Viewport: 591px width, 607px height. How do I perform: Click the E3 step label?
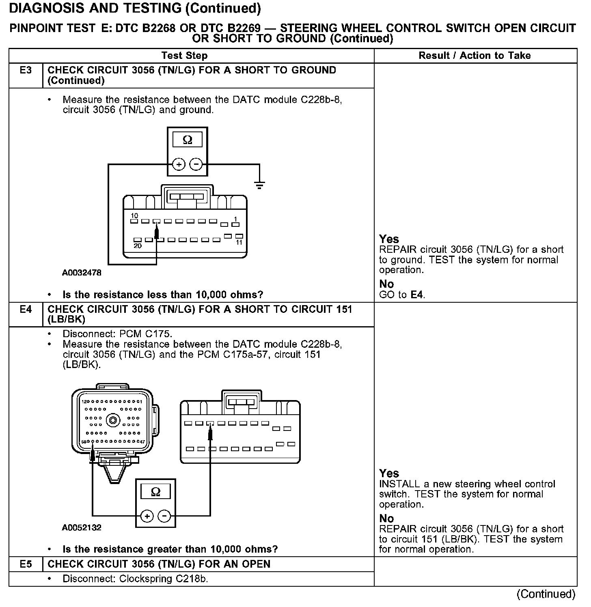26,70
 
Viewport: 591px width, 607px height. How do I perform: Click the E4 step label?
26,310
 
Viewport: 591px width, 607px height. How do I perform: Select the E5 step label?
26,564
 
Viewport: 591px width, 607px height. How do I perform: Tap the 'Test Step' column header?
184,56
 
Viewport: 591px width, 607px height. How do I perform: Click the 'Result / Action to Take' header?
475,56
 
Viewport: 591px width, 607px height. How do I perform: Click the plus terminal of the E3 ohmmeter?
179,164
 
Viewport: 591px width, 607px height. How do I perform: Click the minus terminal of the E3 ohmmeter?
196,164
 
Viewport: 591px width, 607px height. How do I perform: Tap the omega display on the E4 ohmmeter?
155,492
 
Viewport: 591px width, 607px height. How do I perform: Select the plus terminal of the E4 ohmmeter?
147,516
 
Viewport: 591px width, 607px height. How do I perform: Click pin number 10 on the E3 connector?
134,215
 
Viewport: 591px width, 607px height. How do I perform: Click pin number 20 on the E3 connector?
138,246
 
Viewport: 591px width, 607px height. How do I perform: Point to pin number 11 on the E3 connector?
239,242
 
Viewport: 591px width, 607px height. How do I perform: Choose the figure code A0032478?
82,273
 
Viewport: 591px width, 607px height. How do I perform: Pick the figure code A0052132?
82,527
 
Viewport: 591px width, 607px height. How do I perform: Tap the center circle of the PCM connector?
112,420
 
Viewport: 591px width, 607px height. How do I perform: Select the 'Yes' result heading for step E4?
389,473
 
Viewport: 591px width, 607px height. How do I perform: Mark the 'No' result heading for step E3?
386,284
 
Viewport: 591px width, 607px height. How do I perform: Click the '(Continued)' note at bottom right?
546,594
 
